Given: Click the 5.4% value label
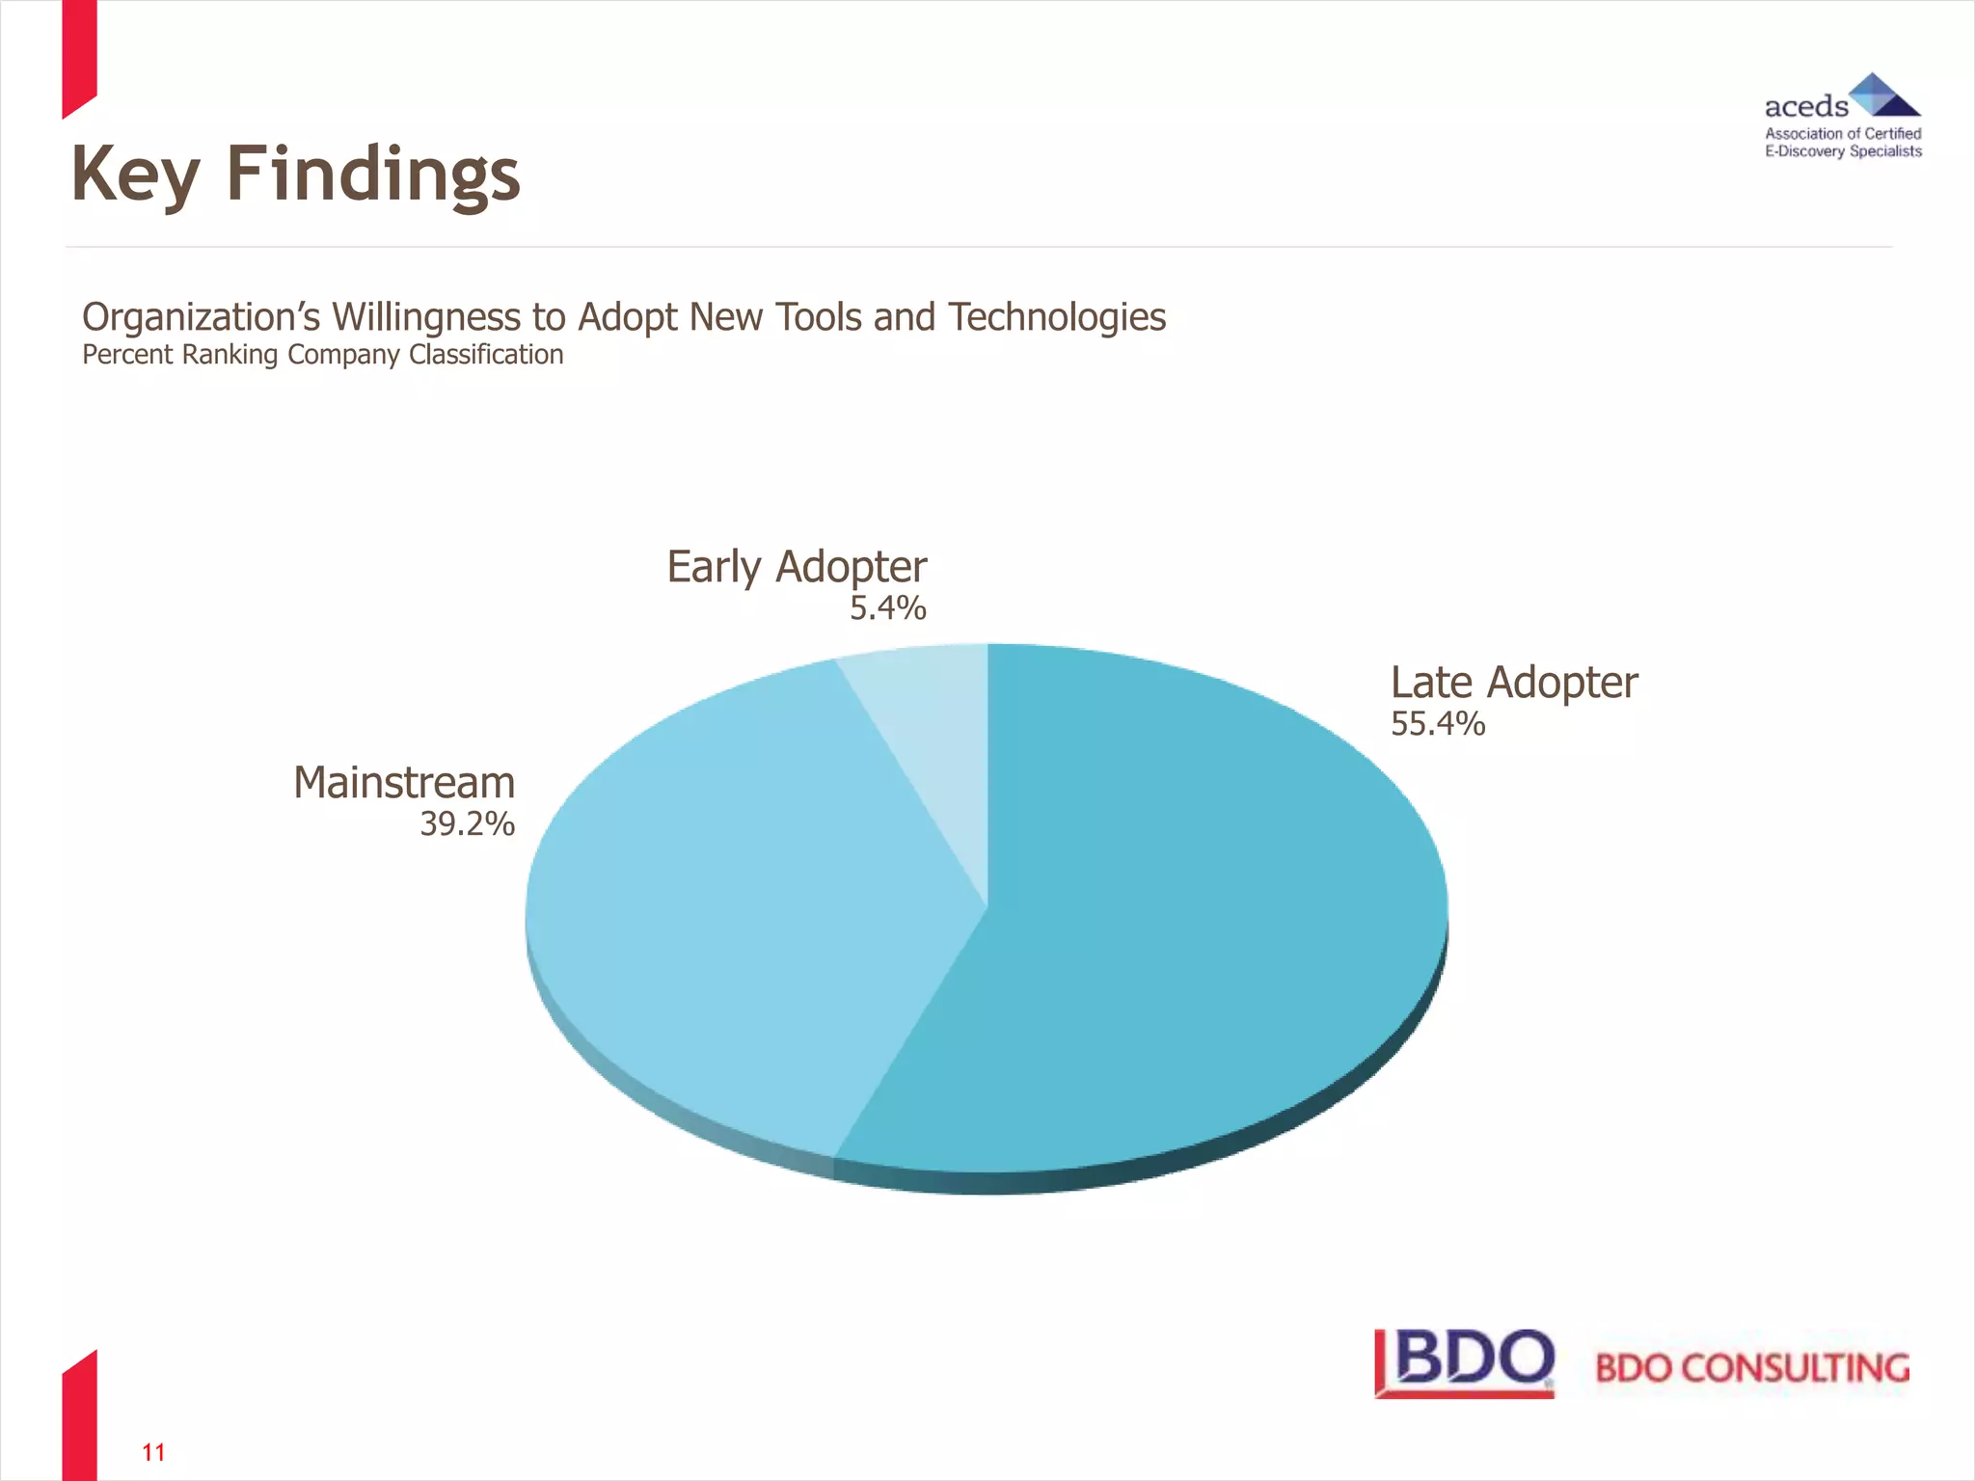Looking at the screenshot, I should coord(887,608).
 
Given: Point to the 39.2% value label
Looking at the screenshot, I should coord(467,824).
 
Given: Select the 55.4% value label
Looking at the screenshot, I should coord(1438,724).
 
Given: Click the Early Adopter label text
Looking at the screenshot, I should coord(797,567).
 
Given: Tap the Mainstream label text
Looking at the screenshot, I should coord(404,783).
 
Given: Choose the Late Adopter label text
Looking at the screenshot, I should coord(1514,683).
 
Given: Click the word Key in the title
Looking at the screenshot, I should coord(135,175).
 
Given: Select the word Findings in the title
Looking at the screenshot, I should coord(373,175).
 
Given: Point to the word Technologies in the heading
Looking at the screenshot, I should coord(1057,317).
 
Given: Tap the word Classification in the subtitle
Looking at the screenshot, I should coord(486,355).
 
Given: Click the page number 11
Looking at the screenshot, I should coord(153,1452).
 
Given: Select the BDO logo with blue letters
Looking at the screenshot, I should coord(1465,1362).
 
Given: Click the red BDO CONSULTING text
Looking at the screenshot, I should coord(1752,1368).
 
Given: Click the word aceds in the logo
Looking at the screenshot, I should coord(1805,106).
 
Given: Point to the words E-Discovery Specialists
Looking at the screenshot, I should coord(1843,151).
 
